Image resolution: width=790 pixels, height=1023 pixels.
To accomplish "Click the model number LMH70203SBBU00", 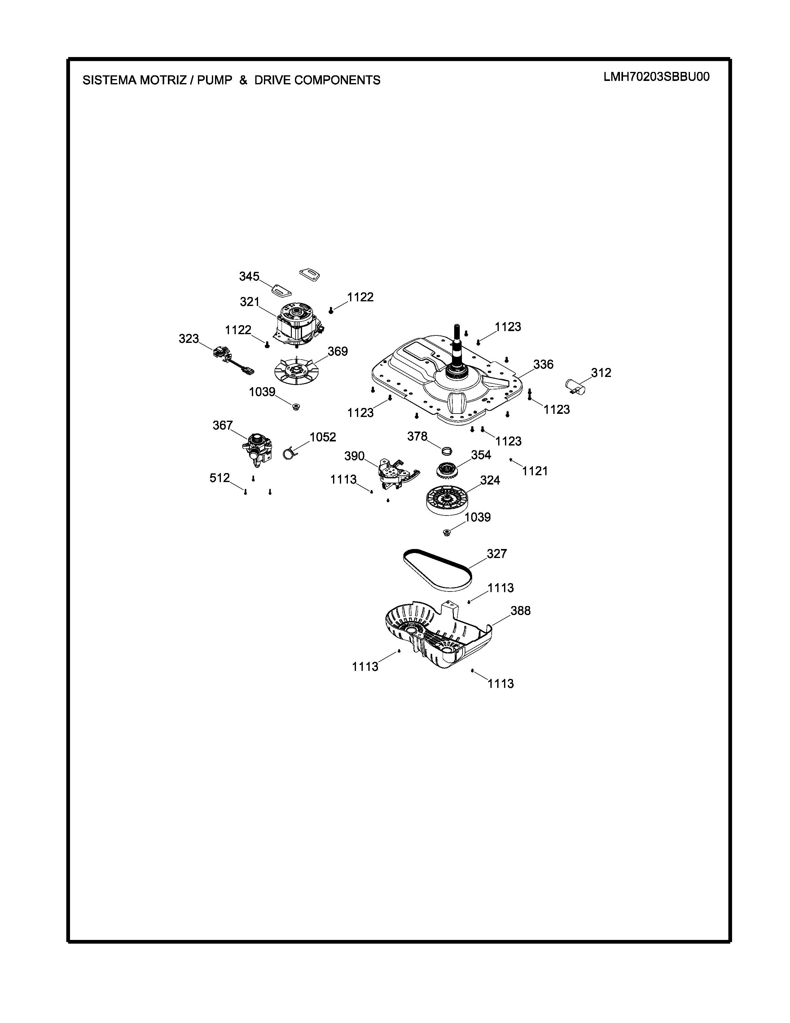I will (656, 77).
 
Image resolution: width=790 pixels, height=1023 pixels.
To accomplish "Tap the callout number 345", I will (249, 277).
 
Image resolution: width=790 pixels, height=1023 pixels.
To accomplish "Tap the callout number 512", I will (220, 478).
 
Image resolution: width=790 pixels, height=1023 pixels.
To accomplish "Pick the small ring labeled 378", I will (447, 451).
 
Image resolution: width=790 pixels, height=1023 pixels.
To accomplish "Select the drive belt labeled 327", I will (437, 568).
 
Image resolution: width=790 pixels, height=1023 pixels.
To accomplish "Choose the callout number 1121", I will (535, 471).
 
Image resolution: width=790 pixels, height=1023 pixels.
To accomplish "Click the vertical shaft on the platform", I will (456, 347).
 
